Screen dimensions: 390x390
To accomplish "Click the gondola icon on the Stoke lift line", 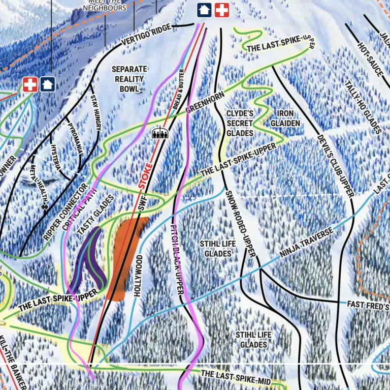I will pos(159,133).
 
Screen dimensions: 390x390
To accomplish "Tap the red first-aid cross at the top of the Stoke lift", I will pos(221,9).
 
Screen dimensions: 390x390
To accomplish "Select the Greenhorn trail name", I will pos(206,102).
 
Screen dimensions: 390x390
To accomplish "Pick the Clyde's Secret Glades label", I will pos(240,123).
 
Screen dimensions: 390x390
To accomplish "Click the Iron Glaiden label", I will pos(285,118).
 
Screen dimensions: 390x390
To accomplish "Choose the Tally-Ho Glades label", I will pos(363,107).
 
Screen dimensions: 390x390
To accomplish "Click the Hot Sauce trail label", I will pos(370,60).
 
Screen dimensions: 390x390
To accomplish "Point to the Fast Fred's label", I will pos(368,305).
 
